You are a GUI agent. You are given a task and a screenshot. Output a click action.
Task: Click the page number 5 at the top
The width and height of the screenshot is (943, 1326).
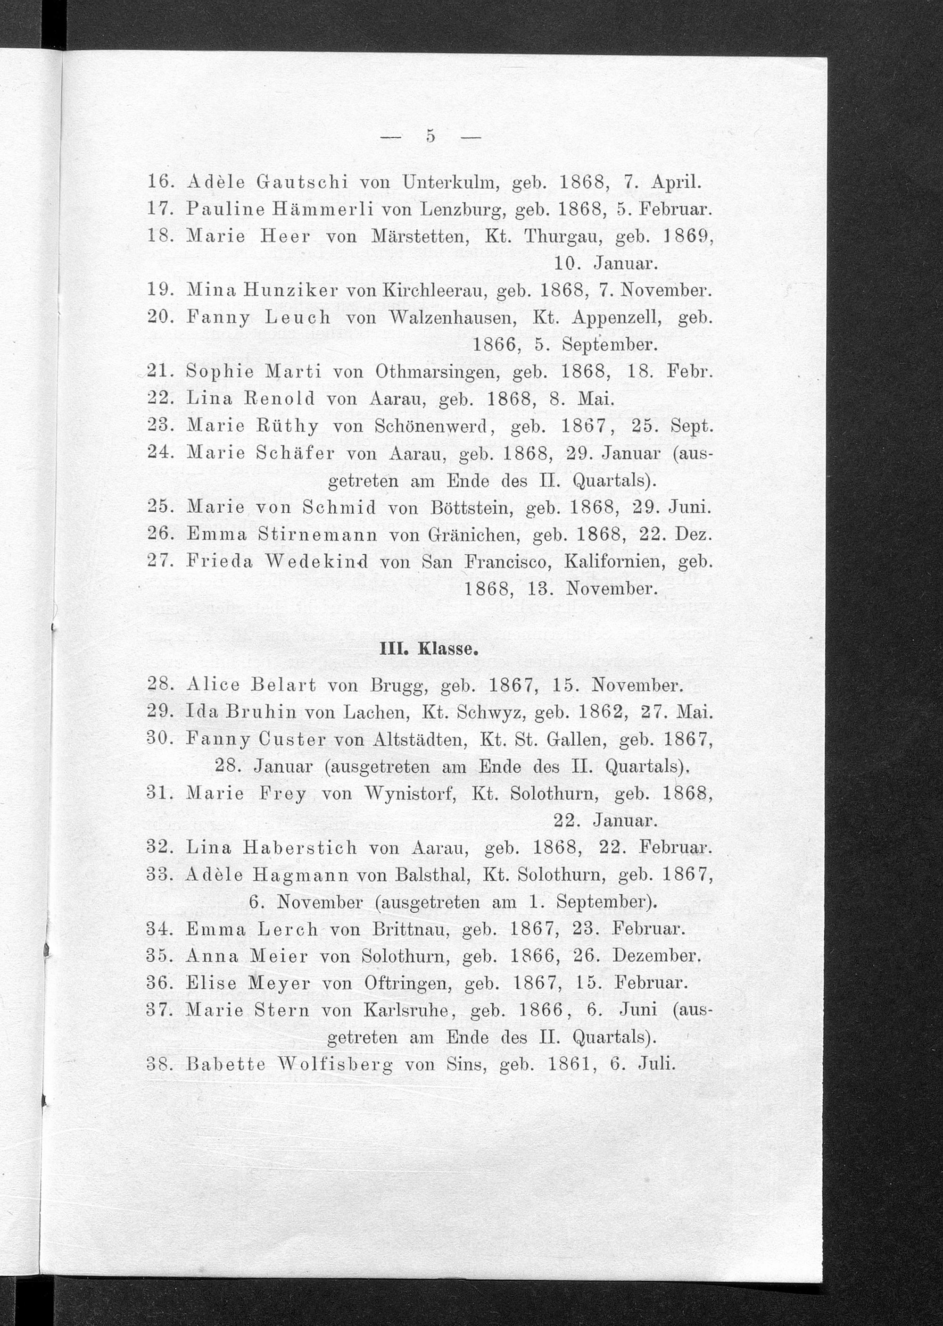430,136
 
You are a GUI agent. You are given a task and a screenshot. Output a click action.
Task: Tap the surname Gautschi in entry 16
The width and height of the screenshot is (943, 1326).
301,183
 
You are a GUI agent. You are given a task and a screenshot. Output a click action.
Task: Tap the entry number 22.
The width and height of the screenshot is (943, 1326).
158,399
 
